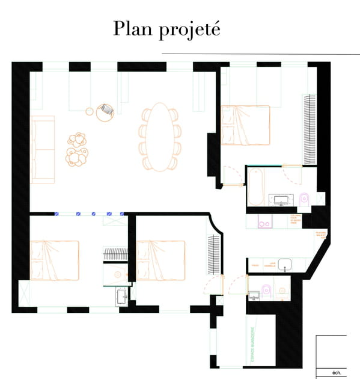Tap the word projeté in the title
(x=189, y=30)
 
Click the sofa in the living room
(x=42, y=150)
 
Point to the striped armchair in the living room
(x=106, y=109)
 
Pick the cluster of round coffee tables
(x=77, y=149)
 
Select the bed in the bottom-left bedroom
(x=54, y=260)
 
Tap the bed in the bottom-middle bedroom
(x=160, y=260)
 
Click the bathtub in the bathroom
(x=254, y=187)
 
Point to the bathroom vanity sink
(x=281, y=199)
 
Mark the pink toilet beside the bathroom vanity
(x=304, y=198)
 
